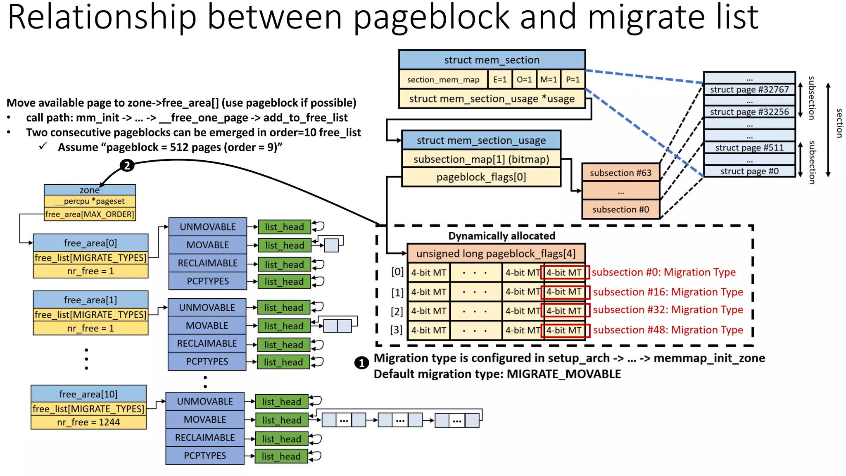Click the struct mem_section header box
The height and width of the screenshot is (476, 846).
point(492,60)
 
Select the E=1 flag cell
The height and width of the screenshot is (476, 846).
point(499,79)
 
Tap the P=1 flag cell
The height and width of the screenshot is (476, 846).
point(573,79)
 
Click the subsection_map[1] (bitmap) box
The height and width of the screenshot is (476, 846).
point(481,159)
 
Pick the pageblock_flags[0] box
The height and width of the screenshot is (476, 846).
point(481,177)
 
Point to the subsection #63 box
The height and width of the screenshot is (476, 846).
point(620,173)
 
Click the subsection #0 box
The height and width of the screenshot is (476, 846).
point(620,209)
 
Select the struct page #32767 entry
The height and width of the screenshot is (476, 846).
point(749,89)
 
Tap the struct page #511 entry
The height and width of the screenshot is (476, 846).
point(749,148)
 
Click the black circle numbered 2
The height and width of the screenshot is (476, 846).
point(127,166)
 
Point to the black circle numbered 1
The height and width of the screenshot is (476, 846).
point(361,363)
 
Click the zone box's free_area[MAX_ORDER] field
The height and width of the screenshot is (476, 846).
point(90,214)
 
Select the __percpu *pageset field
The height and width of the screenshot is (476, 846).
point(90,201)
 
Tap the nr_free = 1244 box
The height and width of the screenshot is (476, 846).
point(88,422)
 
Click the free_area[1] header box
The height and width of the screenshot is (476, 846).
point(90,300)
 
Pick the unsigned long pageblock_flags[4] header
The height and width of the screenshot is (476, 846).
point(496,253)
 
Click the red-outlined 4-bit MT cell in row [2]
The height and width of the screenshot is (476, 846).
point(565,311)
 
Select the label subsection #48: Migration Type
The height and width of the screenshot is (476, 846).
point(668,330)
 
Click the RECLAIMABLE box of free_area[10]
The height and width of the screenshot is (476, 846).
point(205,438)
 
